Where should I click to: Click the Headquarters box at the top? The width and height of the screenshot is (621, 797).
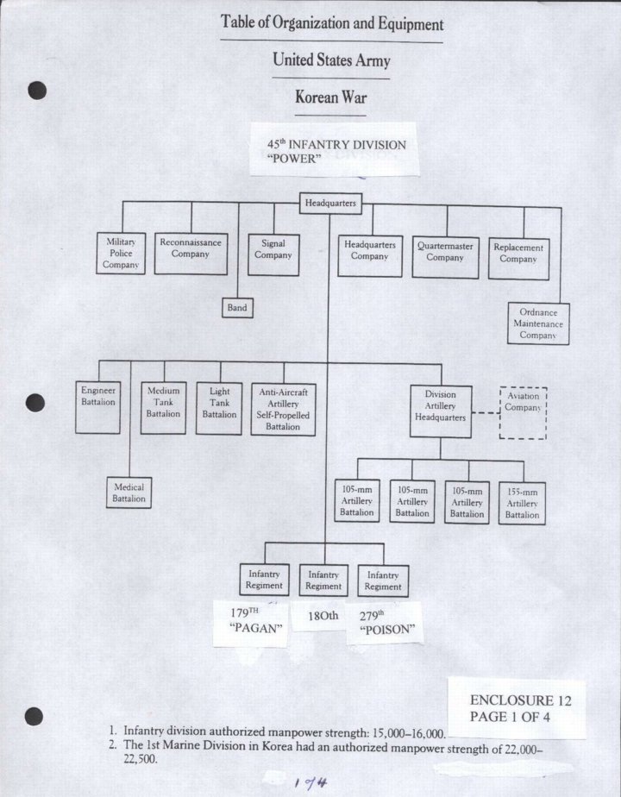[x=330, y=203]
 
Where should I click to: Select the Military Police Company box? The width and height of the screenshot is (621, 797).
[x=121, y=254]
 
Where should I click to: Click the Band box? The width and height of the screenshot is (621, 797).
[x=236, y=307]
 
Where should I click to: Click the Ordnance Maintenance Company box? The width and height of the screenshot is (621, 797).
[x=537, y=324]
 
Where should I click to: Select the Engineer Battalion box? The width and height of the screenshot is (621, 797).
[x=98, y=407]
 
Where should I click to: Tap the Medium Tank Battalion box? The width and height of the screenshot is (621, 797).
[x=163, y=407]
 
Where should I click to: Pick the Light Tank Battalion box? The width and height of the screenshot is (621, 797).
[x=219, y=407]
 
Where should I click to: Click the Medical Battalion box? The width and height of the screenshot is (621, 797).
[x=129, y=493]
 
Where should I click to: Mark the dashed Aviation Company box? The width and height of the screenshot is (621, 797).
[x=523, y=413]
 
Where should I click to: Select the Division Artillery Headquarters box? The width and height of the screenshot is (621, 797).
[x=440, y=411]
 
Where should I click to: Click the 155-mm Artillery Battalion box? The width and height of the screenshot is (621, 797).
[x=522, y=503]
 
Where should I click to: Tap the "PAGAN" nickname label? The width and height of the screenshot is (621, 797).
[x=257, y=628]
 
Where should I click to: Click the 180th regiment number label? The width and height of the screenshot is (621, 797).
[x=323, y=616]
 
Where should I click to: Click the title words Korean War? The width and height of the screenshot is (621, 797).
[x=330, y=97]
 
